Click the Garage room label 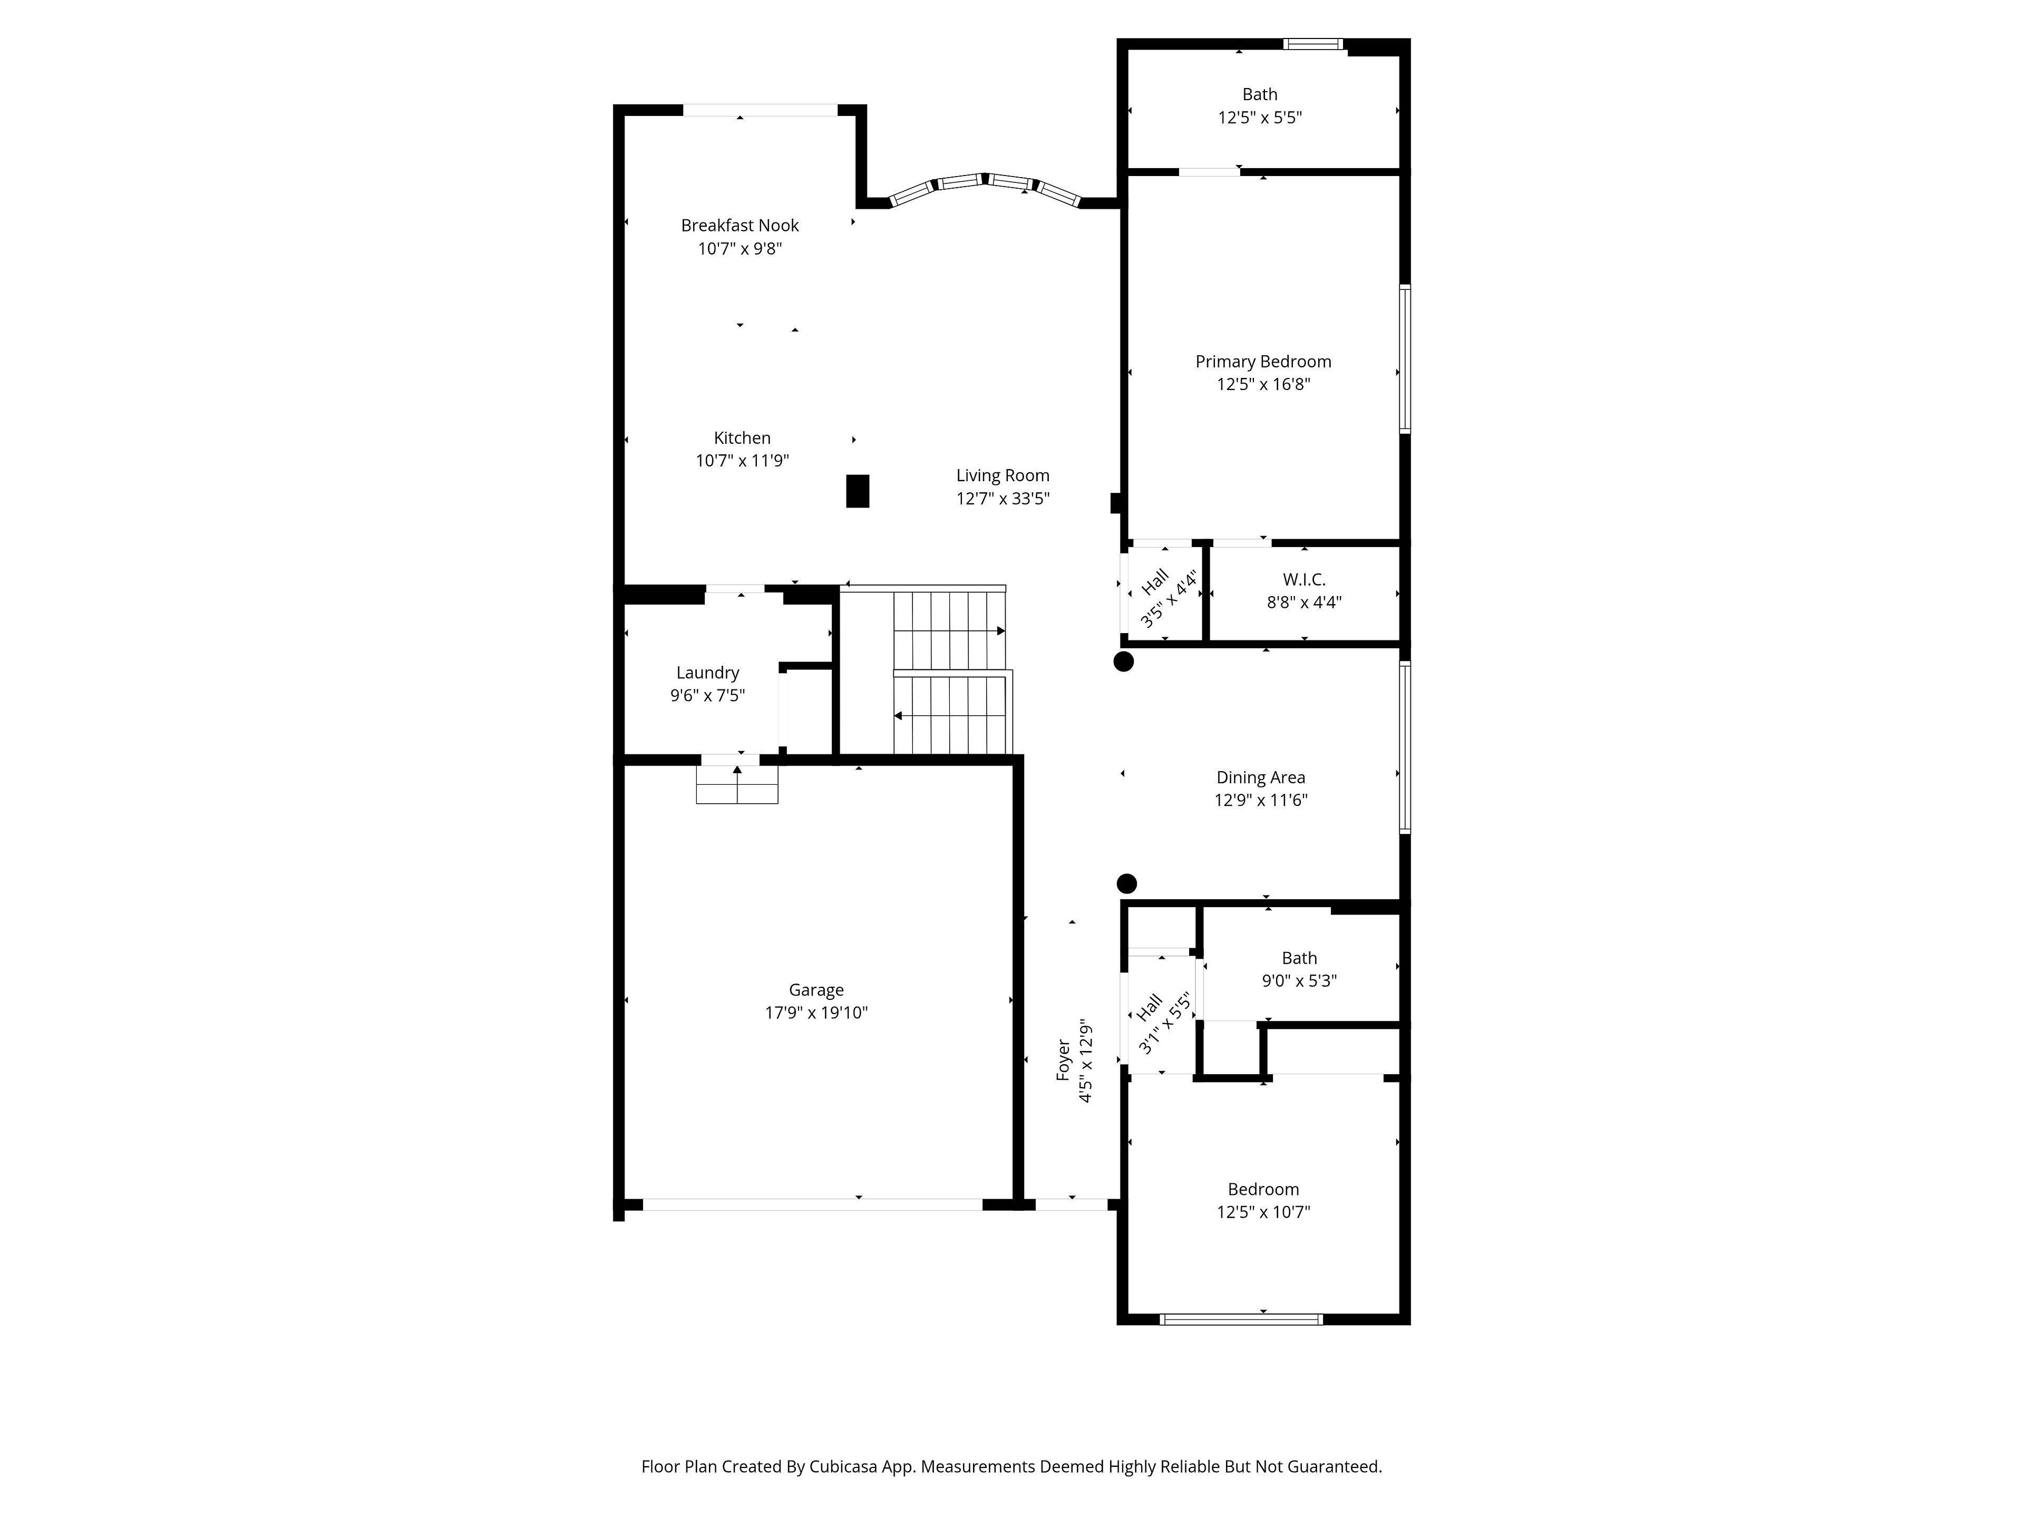816,990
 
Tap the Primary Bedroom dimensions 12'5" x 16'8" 1263,384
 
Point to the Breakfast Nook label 739,225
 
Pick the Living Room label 1003,476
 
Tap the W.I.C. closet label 1304,579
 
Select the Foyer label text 1063,1059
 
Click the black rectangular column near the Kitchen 858,490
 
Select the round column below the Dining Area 1127,883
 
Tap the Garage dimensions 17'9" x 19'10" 816,1013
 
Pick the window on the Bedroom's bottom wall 1241,1319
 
